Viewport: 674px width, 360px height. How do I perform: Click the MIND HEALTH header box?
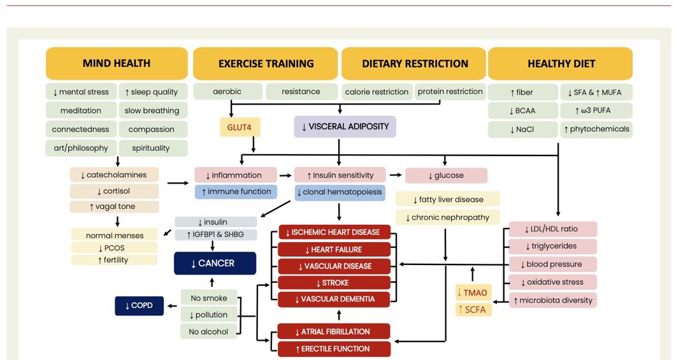pos(117,64)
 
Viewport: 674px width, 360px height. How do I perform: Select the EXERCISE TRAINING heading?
pos(266,64)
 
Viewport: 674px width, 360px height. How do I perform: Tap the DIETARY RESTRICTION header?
pos(415,64)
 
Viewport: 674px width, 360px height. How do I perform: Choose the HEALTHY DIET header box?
pos(561,64)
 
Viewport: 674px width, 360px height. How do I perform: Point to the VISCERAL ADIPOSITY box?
pos(345,126)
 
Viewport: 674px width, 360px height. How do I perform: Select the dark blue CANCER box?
pos(216,263)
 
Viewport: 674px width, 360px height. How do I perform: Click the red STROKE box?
pos(334,282)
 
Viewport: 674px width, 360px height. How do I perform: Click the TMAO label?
pos(473,292)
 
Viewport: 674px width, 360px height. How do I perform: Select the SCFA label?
pos(473,309)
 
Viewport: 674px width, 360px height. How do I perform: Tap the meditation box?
pos(81,110)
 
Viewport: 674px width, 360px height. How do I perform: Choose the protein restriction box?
pos(450,92)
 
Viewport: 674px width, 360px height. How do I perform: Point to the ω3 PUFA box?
pos(596,110)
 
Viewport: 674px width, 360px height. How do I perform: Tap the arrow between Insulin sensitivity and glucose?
pos(394,175)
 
